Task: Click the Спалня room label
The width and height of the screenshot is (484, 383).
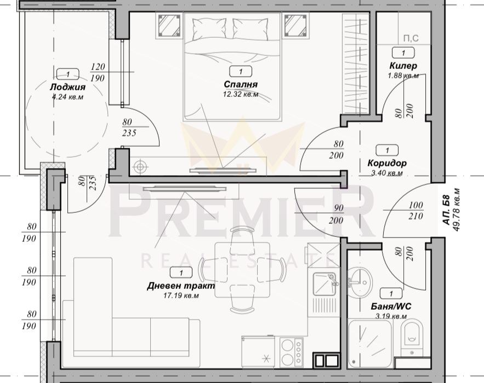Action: point(241,84)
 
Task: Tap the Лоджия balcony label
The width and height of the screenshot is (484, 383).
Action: point(67,87)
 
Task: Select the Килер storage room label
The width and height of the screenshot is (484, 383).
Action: point(403,65)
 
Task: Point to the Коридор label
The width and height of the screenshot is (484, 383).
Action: point(387,163)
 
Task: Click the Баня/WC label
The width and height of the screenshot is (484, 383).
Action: point(391,306)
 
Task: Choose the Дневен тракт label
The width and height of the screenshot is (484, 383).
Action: point(181,286)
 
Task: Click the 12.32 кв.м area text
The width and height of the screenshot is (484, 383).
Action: point(241,94)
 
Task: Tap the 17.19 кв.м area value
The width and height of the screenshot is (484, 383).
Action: point(181,296)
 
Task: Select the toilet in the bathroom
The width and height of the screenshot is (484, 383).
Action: point(412,337)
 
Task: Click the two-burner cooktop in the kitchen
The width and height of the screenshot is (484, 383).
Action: point(291,352)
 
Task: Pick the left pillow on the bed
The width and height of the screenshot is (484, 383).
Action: point(209,28)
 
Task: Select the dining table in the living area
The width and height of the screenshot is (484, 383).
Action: point(242,270)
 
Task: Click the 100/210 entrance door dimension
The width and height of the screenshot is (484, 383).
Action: point(415,211)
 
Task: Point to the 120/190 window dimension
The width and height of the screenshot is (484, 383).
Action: point(98,72)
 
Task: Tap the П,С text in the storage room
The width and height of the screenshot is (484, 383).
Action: point(411,38)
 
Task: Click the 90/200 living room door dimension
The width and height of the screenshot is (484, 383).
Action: point(336,214)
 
